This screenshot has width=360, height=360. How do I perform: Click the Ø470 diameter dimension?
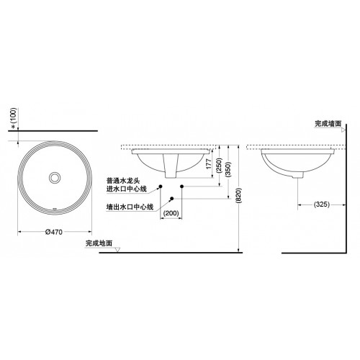point(54,232)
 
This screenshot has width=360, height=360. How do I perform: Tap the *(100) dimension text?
point(14,118)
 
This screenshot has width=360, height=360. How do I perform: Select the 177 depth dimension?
point(209,163)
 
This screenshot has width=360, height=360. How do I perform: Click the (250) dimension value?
point(220,166)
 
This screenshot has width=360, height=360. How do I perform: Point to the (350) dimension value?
point(228,169)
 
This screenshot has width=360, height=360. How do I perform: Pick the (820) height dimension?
point(239,196)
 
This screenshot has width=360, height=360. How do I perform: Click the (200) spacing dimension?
point(171,213)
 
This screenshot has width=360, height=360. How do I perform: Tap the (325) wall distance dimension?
point(322,204)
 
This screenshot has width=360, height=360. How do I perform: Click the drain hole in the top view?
point(55,178)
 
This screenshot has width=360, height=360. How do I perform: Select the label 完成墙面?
point(328,124)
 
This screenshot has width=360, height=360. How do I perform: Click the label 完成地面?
point(99,243)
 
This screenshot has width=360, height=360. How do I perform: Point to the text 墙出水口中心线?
point(130,207)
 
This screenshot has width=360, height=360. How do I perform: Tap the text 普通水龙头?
point(123,181)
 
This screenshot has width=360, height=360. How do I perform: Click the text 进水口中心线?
point(127,189)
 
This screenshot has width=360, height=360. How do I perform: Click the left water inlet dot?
point(161,186)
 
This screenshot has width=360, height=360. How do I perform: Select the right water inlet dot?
point(181,186)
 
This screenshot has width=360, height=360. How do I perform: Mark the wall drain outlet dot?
point(171,198)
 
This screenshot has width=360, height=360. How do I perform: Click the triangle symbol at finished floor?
point(117,250)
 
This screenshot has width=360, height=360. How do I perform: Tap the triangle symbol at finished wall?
point(343,130)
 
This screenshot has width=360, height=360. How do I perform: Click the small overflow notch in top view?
point(55,210)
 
